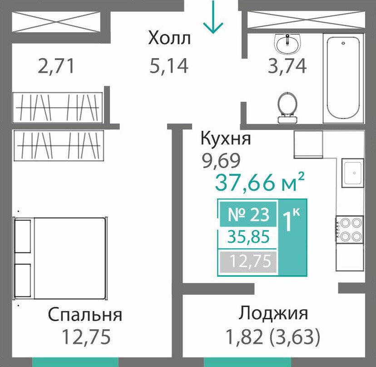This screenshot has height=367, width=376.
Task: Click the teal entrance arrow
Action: click(213, 17)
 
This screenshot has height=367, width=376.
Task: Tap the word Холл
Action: click(169, 38)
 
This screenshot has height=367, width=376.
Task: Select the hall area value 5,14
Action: click(169, 66)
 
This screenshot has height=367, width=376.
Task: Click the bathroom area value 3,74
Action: click(287, 66)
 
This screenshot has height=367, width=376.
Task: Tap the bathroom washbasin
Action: click(287, 44)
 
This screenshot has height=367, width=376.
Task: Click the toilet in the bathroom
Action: click(287, 108)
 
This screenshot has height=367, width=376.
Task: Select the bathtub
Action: click(343, 79)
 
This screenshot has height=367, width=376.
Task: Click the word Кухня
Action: click(226, 139)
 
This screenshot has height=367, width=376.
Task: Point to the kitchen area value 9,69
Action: click(221, 160)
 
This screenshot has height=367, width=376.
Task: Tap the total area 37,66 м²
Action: click(260, 181)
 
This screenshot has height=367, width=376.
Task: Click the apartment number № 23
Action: click(248, 214)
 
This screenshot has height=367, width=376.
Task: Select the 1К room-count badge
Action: click(292, 219)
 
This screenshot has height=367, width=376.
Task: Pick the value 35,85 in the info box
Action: click(248, 237)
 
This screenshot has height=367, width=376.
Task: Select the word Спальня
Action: click(85, 315)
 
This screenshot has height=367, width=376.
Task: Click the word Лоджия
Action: click(273, 314)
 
